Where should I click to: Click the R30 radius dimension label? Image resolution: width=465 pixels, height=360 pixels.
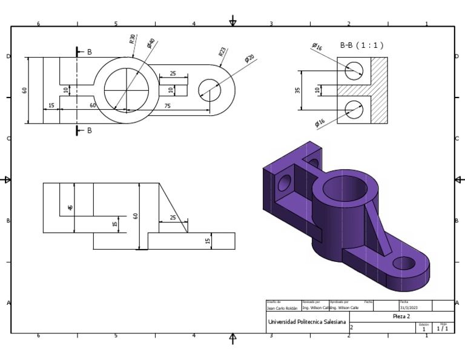point(133,39)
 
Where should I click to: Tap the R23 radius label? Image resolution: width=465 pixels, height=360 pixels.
point(222,52)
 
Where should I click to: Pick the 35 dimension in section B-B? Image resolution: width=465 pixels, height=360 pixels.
point(297,90)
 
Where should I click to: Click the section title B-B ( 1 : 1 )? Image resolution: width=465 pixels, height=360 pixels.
point(361,45)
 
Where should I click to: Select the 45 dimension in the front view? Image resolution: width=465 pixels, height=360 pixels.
point(70,208)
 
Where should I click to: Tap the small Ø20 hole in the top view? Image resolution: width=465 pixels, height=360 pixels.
point(209,90)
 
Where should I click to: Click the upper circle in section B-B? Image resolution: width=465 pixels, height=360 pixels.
point(354,72)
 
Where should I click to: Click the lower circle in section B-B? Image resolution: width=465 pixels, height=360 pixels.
point(354,109)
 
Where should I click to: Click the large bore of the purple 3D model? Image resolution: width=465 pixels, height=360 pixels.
point(345,189)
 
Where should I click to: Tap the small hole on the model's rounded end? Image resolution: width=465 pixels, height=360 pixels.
point(403,263)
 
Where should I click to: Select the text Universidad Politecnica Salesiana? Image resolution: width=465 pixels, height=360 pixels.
point(307,322)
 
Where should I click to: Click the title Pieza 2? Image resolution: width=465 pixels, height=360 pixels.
point(401,316)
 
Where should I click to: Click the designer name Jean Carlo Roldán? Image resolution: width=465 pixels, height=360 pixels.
point(282,308)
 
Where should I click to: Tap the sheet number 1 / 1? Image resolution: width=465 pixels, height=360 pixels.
point(443,329)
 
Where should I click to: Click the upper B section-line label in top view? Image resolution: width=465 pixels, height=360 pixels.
point(89,52)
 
